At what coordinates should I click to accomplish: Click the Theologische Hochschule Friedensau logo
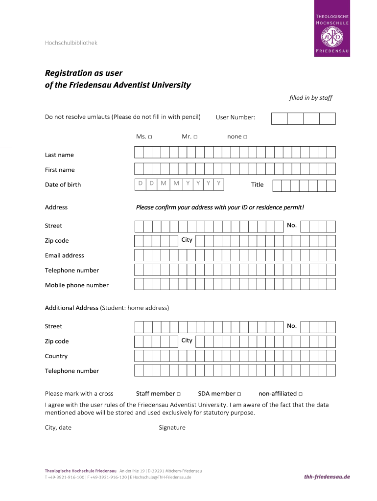pos(331,28)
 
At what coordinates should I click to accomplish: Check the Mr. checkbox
pos(195,137)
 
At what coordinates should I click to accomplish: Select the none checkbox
pos(245,137)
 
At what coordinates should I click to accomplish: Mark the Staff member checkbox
pos(179,394)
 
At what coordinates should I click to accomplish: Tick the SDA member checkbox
pos(239,394)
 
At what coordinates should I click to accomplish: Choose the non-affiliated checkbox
pos(301,394)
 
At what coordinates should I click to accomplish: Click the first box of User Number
pos(280,118)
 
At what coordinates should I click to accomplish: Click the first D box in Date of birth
pos(140,184)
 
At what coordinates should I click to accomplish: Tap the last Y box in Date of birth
pos(218,184)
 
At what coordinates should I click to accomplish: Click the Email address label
pos(64,255)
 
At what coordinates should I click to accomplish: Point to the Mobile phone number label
pos(76,285)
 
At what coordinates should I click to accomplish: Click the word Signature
pos(172,428)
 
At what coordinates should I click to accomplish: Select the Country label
pos(56,356)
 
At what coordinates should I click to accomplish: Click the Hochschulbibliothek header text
pos(71,43)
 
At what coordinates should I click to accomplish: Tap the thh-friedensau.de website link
pos(327,477)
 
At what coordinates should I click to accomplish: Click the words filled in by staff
pos(310,98)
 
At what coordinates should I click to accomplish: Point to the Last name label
pos(59,155)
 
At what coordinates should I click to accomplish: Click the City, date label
pos(58,428)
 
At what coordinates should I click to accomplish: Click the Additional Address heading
pos(71,308)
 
